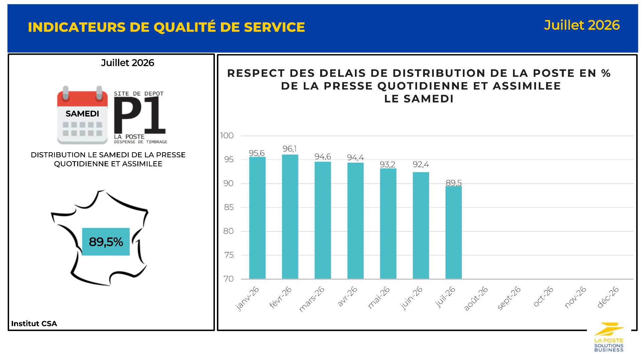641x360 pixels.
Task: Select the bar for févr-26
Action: [290, 216]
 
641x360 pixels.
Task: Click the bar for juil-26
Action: [454, 232]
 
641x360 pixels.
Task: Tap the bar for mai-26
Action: [388, 223]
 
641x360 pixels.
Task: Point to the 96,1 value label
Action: [290, 149]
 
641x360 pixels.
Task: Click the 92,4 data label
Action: [421, 164]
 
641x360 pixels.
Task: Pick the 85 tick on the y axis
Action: [229, 207]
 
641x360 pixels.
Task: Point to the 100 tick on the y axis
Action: [227, 136]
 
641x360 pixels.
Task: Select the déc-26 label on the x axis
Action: [608, 297]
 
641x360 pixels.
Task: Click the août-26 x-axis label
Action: [476, 298]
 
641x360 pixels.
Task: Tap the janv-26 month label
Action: [247, 298]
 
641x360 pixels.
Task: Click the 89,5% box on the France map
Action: [106, 242]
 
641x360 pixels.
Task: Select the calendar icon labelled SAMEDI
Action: [83, 115]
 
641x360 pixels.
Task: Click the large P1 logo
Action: [140, 115]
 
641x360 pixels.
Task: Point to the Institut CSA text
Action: [34, 323]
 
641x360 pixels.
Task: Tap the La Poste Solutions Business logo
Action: [609, 337]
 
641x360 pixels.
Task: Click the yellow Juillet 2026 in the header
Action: [582, 25]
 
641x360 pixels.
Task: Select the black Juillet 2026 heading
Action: [127, 63]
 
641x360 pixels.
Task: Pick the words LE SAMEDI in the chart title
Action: [419, 99]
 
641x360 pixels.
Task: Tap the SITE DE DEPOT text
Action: [139, 94]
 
